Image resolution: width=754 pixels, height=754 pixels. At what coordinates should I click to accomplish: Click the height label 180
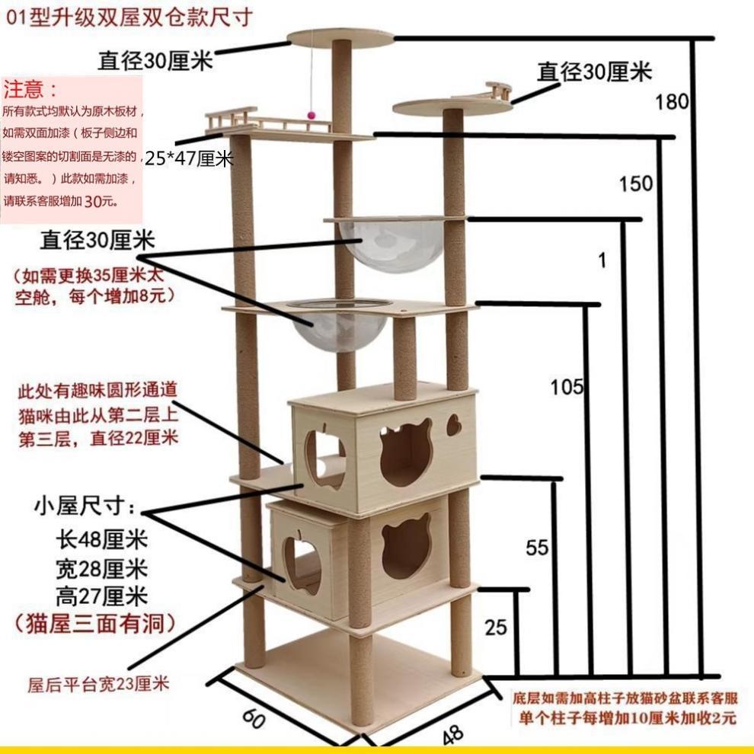[672, 102]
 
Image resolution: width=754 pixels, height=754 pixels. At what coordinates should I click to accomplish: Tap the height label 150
[635, 184]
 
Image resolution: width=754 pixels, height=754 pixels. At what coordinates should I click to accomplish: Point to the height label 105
[567, 388]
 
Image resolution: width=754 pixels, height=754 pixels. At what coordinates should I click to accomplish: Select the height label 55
[537, 547]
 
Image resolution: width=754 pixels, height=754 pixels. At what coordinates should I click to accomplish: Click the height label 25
[495, 628]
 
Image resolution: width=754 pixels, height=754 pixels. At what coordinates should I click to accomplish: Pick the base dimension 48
[452, 733]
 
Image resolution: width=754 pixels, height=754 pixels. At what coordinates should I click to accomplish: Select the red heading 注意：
[31, 91]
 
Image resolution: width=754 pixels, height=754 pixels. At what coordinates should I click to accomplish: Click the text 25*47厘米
[188, 159]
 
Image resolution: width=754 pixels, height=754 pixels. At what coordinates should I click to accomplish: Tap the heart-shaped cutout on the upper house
[454, 425]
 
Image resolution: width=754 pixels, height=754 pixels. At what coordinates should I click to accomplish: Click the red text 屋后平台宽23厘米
[98, 683]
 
